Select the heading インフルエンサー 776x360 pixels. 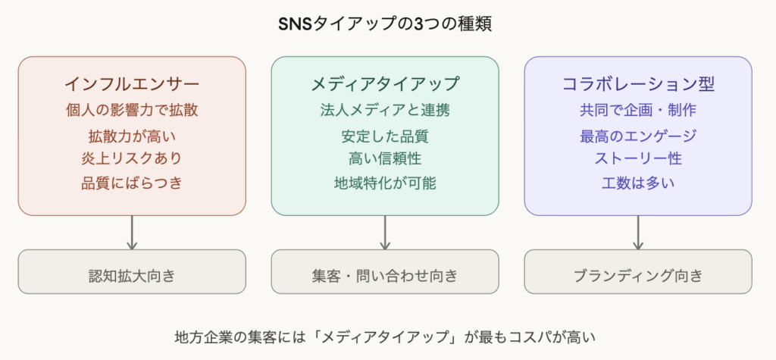132,83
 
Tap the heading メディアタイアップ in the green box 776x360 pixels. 385,83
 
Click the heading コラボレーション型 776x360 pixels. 638,83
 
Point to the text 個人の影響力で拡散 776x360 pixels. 132,110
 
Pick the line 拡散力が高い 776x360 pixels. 132,137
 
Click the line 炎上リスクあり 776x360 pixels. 132,159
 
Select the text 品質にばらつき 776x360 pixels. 132,183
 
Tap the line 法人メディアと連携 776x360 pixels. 385,110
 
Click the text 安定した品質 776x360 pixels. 385,137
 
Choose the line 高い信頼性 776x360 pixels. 385,159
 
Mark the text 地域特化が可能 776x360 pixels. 385,183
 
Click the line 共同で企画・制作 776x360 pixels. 638,110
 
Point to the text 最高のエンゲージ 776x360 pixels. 638,137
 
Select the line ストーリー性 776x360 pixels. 638,159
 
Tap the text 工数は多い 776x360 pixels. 638,183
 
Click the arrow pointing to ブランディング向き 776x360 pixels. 638,233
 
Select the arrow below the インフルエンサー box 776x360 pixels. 132,233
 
